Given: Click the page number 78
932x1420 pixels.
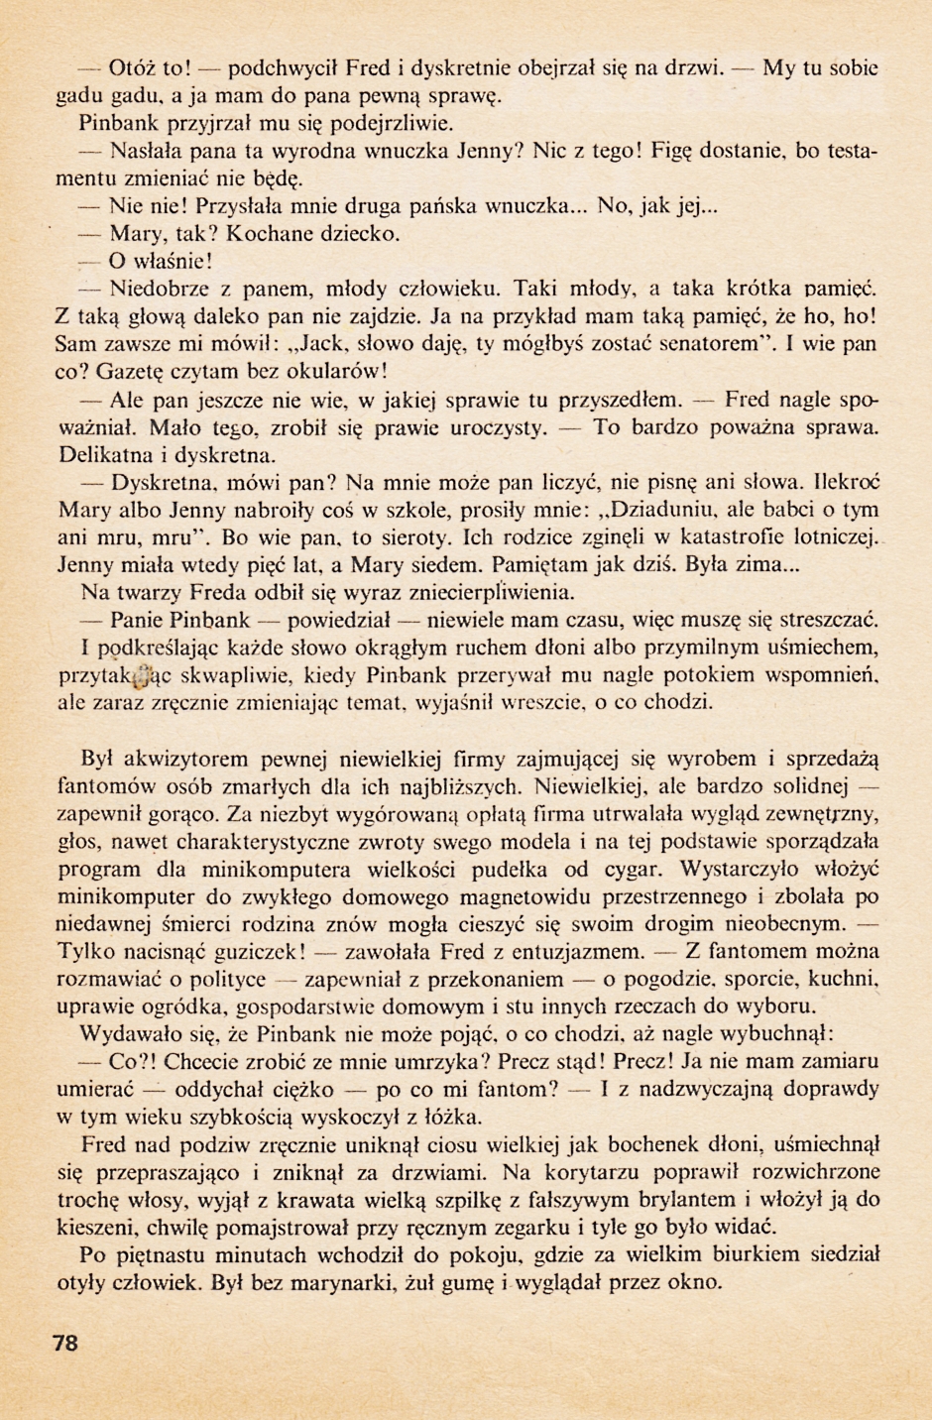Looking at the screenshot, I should point(64,1344).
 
